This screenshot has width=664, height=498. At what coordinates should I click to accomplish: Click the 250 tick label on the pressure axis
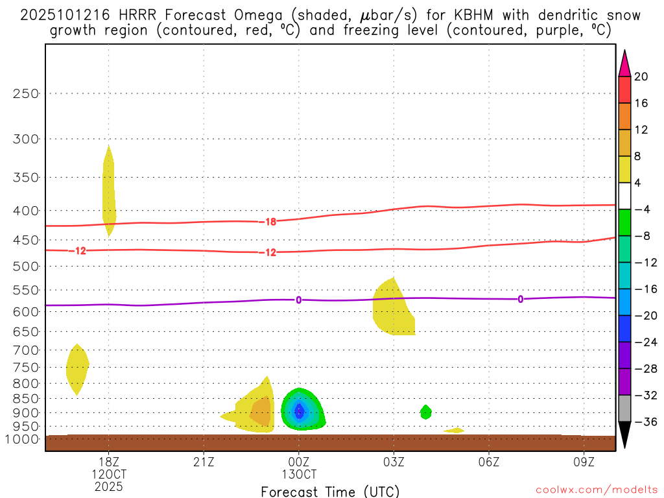pyautogui.click(x=26, y=93)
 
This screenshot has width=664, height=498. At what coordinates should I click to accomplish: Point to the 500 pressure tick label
pyautogui.click(x=26, y=267)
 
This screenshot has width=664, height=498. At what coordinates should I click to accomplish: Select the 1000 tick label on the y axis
pyautogui.click(x=23, y=440)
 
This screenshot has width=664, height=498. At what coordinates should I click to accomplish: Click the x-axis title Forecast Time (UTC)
pyautogui.click(x=330, y=491)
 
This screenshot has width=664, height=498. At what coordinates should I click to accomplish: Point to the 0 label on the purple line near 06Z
pyautogui.click(x=520, y=299)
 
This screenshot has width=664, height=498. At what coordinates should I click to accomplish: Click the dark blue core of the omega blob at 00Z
pyautogui.click(x=299, y=410)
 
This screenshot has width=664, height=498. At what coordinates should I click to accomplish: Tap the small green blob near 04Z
pyautogui.click(x=425, y=412)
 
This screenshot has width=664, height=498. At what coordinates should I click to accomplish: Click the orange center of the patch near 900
pyautogui.click(x=261, y=410)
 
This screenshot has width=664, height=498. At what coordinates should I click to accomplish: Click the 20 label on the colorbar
pyautogui.click(x=641, y=77)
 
